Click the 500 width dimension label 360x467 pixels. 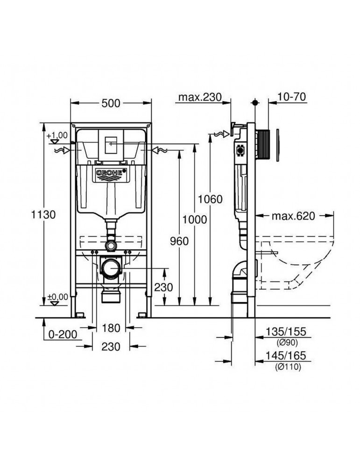tap(111, 103)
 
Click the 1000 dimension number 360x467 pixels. tap(195, 220)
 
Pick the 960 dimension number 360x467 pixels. tap(179, 241)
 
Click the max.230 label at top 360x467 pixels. tap(198, 98)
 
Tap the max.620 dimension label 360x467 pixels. tap(293, 216)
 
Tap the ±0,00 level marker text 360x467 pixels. tap(57, 296)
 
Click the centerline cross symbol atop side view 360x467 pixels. tap(255, 102)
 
